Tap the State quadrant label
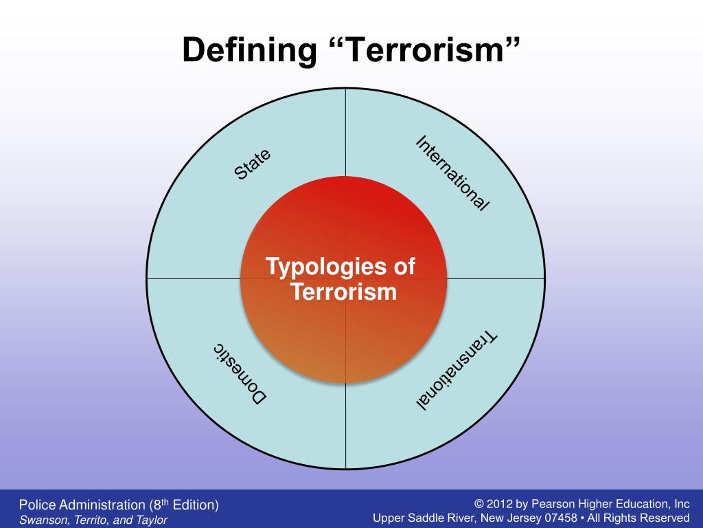[x=253, y=164]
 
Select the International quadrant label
[x=452, y=173]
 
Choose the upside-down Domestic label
[x=240, y=372]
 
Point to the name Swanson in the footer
[x=42, y=520]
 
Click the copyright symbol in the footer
[x=479, y=504]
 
